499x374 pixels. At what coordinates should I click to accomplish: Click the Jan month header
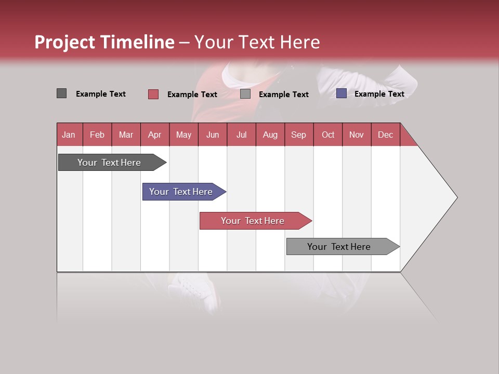coord(69,135)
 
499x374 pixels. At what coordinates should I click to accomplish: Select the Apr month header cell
coord(154,135)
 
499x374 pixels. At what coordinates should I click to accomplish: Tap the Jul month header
coord(241,135)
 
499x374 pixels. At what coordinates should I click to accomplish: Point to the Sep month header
coord(298,135)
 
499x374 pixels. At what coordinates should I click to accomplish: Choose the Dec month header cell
coord(385,135)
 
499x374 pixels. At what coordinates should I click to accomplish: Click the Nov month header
coord(356,135)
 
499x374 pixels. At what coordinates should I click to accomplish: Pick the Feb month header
coord(97,135)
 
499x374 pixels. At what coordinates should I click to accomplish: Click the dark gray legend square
coord(61,94)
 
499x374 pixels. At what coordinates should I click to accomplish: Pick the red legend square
coord(153,94)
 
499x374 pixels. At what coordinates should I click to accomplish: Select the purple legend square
coord(341,94)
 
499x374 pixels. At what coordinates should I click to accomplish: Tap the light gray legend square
coord(245,94)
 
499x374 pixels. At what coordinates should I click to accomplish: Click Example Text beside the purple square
coord(379,94)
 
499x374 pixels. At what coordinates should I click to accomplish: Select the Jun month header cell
coord(212,135)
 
